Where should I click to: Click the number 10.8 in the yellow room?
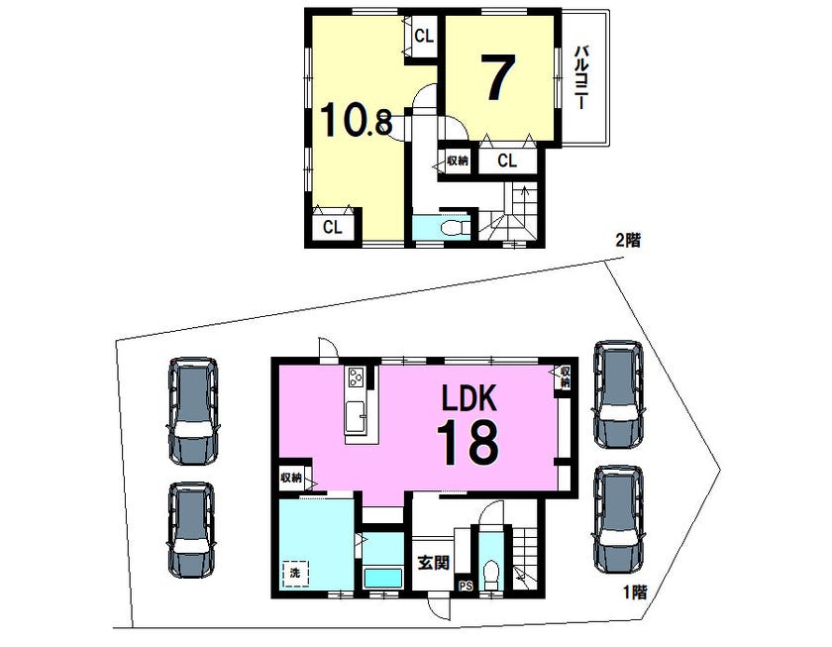pyautogui.click(x=356, y=120)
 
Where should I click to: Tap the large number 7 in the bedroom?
pyautogui.click(x=498, y=77)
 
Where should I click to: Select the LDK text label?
pyautogui.click(x=470, y=398)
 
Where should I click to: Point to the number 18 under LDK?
pyautogui.click(x=468, y=442)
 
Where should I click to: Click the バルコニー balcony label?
pyautogui.click(x=582, y=77)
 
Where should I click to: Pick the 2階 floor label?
pyautogui.click(x=628, y=241)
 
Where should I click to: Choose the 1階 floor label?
pyautogui.click(x=635, y=592)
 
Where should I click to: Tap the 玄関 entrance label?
pyautogui.click(x=434, y=563)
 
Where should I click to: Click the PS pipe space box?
pyautogui.click(x=466, y=586)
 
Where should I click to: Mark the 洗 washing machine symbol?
pyautogui.click(x=295, y=574)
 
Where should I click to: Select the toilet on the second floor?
pyautogui.click(x=455, y=228)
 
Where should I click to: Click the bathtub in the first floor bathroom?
pyautogui.click(x=382, y=577)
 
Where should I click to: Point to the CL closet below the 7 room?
pyautogui.click(x=507, y=161)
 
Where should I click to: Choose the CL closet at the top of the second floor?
pyautogui.click(x=424, y=36)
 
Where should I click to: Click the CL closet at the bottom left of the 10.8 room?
pyautogui.click(x=333, y=227)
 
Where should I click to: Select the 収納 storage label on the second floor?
pyautogui.click(x=457, y=161)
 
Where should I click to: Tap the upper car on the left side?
pyautogui.click(x=193, y=411)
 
